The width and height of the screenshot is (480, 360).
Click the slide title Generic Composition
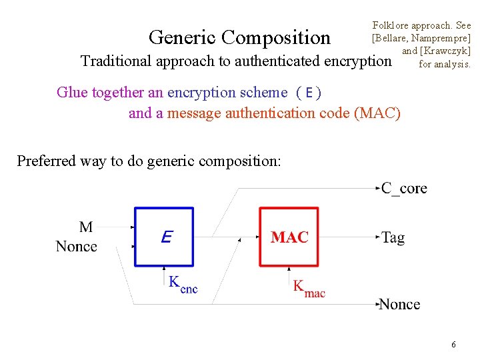(x=239, y=37)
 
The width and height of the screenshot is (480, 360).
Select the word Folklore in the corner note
(x=393, y=25)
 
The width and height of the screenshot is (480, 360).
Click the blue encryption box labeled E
(x=165, y=237)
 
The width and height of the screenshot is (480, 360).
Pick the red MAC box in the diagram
(x=289, y=237)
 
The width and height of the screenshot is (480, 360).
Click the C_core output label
(x=404, y=188)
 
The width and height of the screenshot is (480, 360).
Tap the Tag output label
(x=393, y=237)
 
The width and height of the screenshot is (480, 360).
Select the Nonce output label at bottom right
(x=399, y=304)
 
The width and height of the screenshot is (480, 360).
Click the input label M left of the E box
(x=86, y=227)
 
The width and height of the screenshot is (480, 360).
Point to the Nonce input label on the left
(x=77, y=247)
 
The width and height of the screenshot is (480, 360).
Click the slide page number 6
(x=453, y=345)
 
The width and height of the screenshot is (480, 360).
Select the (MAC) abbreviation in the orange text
(x=379, y=113)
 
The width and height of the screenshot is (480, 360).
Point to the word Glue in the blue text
(x=71, y=92)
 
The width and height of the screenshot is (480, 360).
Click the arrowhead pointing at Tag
(x=377, y=237)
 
